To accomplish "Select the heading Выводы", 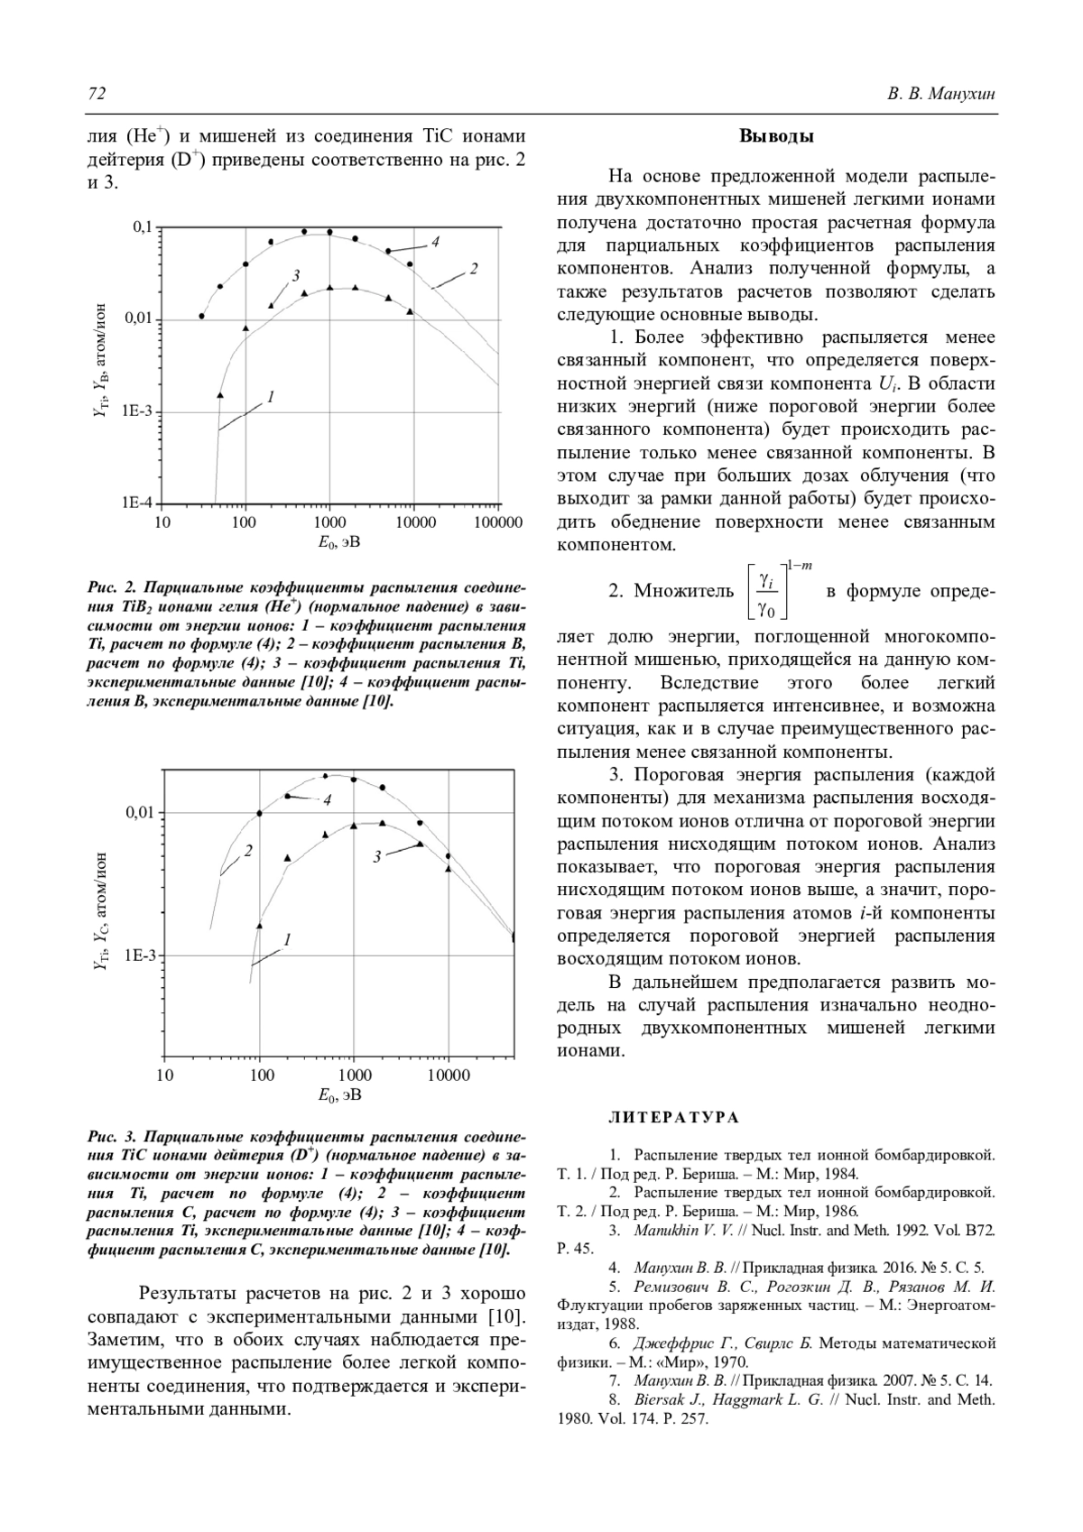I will pos(776,137).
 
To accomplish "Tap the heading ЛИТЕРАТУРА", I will pos(673,1118).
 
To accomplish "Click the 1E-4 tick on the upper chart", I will pos(138,503).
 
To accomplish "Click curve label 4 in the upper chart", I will pos(435,242).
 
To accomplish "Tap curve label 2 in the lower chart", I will pos(246,850).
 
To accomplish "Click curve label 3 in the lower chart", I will pos(376,856).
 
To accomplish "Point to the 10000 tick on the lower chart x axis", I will pos(448,1075).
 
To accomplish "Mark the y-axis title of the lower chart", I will pos(101,910).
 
